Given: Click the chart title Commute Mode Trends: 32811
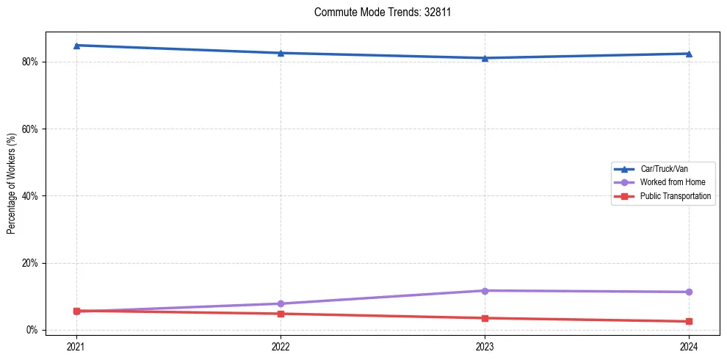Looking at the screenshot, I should [x=377, y=12].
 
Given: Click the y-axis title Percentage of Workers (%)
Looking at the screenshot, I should [x=11, y=183].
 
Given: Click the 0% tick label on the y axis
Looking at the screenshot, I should [x=32, y=330].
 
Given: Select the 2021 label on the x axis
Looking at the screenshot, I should [x=76, y=347].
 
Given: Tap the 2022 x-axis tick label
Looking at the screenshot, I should [x=281, y=347].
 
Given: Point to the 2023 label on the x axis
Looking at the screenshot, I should [x=485, y=347].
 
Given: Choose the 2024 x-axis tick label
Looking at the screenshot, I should [x=689, y=347].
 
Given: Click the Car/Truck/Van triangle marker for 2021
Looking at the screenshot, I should [x=76, y=46].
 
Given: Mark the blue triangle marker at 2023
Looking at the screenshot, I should [x=485, y=58].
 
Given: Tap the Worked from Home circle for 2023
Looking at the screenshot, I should [x=485, y=291].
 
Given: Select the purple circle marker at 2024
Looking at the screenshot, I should [x=689, y=292].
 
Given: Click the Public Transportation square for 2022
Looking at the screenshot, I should [x=281, y=314].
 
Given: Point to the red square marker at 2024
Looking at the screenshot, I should [x=689, y=321].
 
